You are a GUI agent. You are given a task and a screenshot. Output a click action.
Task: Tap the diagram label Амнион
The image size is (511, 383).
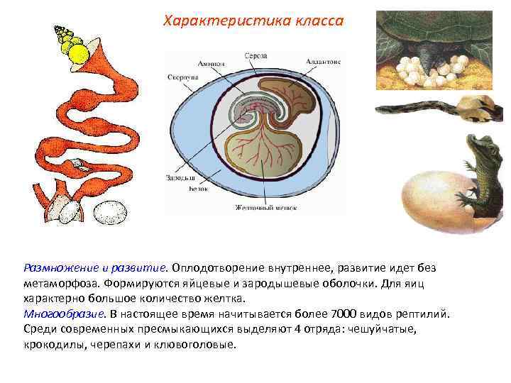click(x=211, y=63)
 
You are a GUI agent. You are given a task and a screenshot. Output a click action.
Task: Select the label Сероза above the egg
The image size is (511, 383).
click(x=255, y=55)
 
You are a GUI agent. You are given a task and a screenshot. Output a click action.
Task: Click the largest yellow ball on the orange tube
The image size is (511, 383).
click(x=76, y=54)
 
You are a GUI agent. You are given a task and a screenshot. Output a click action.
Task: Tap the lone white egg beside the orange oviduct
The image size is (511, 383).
click(x=109, y=211)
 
